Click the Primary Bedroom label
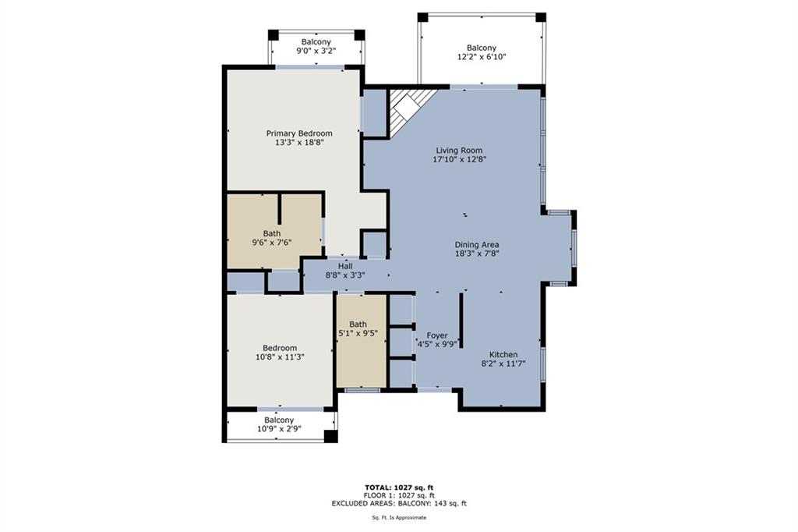[x=299, y=133]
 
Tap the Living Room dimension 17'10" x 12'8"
[x=459, y=160]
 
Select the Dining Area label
[x=477, y=244]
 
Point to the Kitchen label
[x=503, y=354]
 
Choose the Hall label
[x=345, y=266]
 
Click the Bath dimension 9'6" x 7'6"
[x=272, y=242]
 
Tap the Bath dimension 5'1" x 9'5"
[x=358, y=334]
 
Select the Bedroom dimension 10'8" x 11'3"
[x=279, y=357]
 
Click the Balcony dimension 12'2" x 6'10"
[x=481, y=57]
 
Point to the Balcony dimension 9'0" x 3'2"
[x=315, y=51]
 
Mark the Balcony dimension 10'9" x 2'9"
[x=278, y=429]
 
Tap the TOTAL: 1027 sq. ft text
[x=398, y=487]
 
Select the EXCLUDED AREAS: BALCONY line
[x=398, y=504]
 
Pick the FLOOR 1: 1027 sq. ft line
[x=398, y=495]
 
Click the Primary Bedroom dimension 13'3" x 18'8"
[x=299, y=143]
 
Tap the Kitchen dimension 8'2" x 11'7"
[x=503, y=364]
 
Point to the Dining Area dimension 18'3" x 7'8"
[x=477, y=254]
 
